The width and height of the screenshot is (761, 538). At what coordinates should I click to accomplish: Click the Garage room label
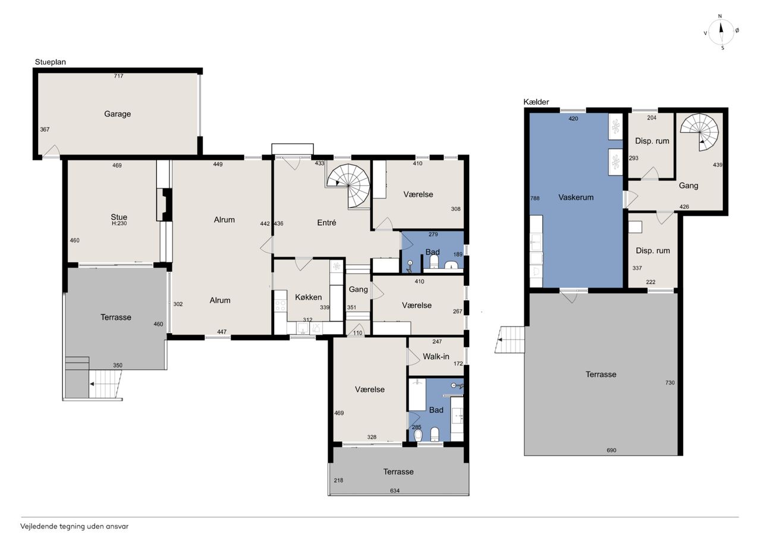click(117, 114)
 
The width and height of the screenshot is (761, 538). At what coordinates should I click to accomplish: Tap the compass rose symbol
click(721, 32)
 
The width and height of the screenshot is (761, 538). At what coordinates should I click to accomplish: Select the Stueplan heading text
click(51, 62)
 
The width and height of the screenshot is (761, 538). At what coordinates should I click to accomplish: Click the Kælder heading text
click(536, 102)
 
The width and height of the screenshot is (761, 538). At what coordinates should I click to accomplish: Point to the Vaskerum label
click(576, 197)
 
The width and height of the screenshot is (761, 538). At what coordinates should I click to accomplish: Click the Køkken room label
click(308, 297)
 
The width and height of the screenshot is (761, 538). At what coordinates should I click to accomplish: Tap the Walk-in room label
click(436, 356)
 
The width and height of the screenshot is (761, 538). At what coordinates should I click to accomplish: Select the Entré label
click(326, 222)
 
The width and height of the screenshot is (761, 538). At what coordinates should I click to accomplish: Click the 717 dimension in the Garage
click(118, 76)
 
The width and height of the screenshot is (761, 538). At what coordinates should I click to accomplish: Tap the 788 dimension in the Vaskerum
click(534, 199)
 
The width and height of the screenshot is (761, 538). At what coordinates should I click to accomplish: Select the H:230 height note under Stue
click(120, 224)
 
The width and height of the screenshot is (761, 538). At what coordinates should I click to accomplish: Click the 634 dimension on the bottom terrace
click(395, 490)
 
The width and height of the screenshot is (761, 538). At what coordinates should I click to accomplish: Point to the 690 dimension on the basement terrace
click(611, 451)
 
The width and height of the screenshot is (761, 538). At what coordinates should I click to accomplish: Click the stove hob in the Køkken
click(280, 305)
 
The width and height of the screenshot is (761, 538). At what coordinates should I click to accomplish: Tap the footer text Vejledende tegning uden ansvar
click(74, 527)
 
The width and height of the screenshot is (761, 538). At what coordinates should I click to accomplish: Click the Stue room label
click(119, 217)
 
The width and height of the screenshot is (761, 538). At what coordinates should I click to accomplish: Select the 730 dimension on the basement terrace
click(670, 383)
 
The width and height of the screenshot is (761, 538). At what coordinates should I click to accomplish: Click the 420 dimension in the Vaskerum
click(573, 118)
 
